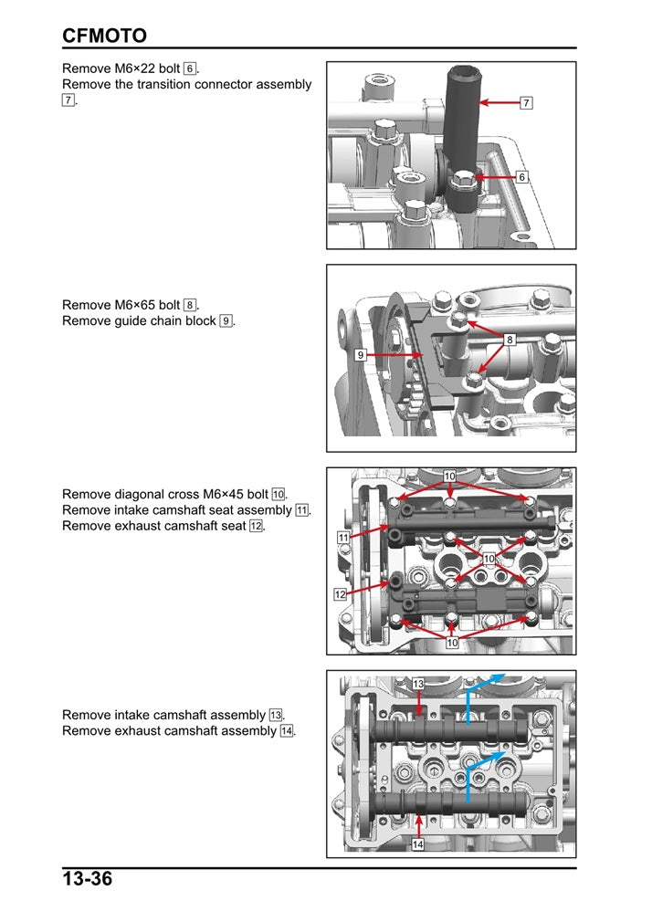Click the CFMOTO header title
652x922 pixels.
point(104,36)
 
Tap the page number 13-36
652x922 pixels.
point(88,880)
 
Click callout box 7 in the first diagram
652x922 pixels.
point(526,103)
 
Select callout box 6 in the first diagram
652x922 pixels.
point(521,177)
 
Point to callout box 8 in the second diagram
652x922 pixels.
point(510,340)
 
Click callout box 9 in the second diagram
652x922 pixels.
point(362,355)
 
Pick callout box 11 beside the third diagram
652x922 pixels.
point(342,538)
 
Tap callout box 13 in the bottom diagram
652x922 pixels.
point(417,684)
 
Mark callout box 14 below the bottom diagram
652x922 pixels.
point(417,845)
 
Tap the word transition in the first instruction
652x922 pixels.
point(171,84)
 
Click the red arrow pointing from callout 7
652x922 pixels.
point(498,103)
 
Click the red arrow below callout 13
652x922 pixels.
point(418,702)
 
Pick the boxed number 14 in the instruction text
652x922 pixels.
point(288,731)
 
